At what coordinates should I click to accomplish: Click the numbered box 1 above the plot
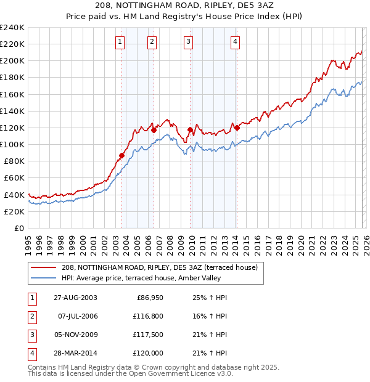point(120,42)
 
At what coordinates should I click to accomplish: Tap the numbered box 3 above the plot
point(188,42)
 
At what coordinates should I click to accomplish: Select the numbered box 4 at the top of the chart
point(236,42)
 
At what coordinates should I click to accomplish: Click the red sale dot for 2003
point(122,155)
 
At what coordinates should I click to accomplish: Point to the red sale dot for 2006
point(154,130)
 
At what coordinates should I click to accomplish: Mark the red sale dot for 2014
point(237,128)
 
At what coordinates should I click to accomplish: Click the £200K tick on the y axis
point(12,61)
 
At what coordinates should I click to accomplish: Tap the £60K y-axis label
point(14,178)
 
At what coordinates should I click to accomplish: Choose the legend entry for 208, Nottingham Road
point(163,267)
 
